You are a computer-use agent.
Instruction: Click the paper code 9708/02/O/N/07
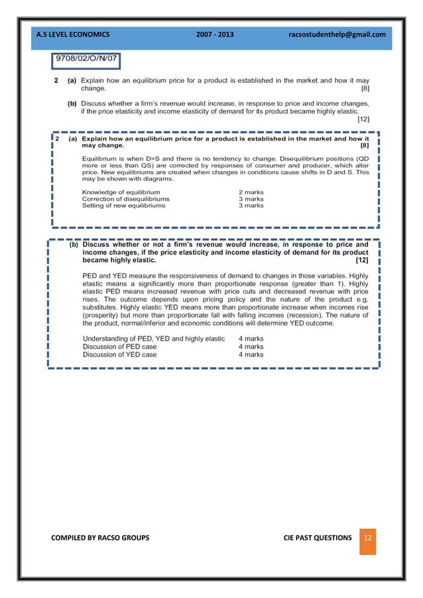tap(87, 59)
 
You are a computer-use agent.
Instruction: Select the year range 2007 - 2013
tap(215, 34)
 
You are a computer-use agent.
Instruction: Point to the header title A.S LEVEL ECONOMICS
tap(74, 34)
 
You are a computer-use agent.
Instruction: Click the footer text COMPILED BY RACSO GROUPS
tap(100, 538)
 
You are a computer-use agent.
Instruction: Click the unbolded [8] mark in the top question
tap(364, 88)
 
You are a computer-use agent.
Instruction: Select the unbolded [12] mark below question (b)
tap(363, 119)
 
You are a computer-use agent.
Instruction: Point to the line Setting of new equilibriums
tap(123, 206)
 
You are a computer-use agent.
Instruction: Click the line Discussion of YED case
tap(119, 354)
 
